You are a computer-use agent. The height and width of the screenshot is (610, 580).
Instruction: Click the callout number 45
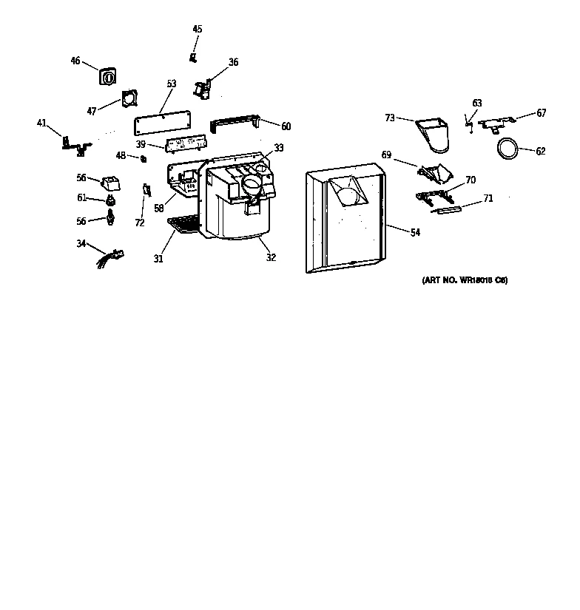coord(198,29)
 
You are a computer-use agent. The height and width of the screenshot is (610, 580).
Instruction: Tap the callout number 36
coord(233,62)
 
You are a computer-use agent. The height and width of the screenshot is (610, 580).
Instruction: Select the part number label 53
coord(171,84)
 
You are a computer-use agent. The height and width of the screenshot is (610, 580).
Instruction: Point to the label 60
coord(286,126)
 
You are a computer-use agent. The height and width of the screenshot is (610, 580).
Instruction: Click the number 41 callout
coord(41,123)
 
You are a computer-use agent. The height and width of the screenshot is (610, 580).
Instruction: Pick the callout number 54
coord(415,232)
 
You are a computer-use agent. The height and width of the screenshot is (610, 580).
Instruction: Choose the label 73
coord(390,117)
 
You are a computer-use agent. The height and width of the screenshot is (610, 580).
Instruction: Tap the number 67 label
coord(542,113)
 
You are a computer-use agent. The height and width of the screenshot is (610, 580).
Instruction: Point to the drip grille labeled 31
coord(183,224)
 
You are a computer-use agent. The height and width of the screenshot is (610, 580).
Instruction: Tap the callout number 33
coord(278,148)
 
